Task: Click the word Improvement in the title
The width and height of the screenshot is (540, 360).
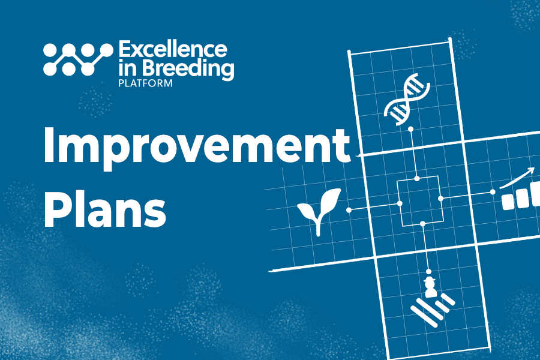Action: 196,145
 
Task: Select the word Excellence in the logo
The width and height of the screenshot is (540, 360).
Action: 173,50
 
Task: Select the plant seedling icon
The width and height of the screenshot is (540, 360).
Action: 319,210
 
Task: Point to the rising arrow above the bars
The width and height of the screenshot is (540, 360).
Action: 517,176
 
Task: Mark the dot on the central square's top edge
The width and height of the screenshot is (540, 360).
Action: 417,178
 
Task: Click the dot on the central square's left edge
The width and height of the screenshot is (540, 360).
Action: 400,203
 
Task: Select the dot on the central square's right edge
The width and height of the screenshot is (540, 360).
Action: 440,197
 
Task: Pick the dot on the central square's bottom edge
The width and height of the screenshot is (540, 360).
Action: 423,224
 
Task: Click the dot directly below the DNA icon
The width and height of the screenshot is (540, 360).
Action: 410,129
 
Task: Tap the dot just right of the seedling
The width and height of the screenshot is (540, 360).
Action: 349,209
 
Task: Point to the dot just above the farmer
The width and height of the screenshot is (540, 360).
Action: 428,271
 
